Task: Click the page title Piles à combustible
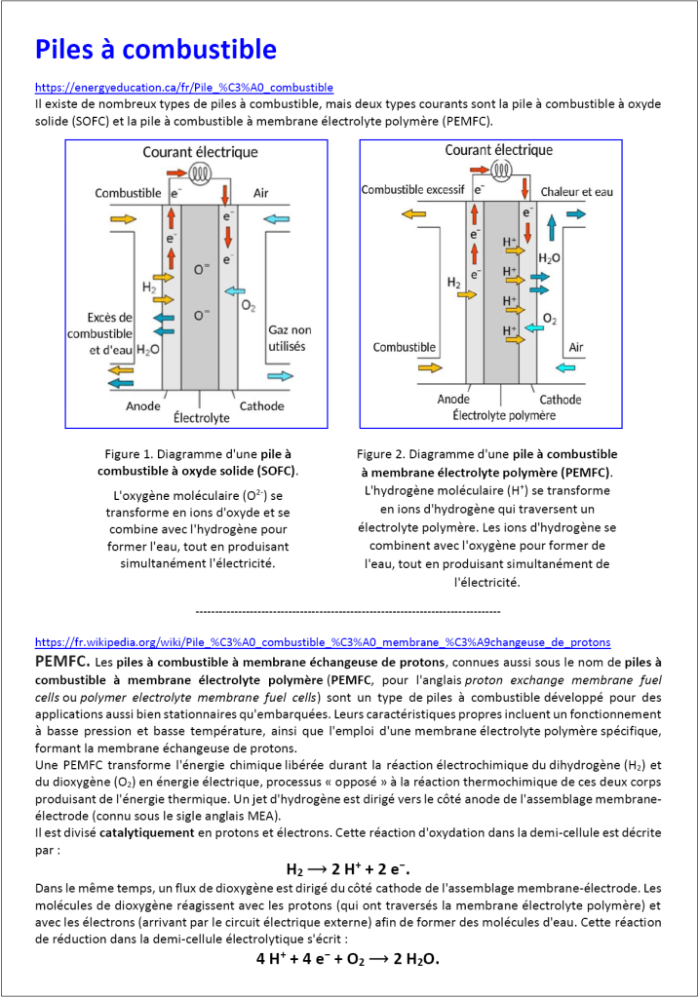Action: [x=155, y=49]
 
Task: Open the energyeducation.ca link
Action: [x=184, y=88]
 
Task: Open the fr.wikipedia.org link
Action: [x=323, y=642]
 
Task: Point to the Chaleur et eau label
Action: [x=576, y=192]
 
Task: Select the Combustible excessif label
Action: [x=413, y=190]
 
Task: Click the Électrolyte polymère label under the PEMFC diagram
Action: [x=504, y=415]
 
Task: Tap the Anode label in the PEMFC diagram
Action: [x=453, y=400]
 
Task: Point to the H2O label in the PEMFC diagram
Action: [x=550, y=259]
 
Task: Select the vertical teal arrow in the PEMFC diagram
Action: [x=552, y=228]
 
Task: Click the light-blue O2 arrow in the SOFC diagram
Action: [x=236, y=290]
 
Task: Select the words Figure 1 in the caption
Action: [x=129, y=454]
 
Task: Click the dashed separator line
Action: [x=348, y=611]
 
